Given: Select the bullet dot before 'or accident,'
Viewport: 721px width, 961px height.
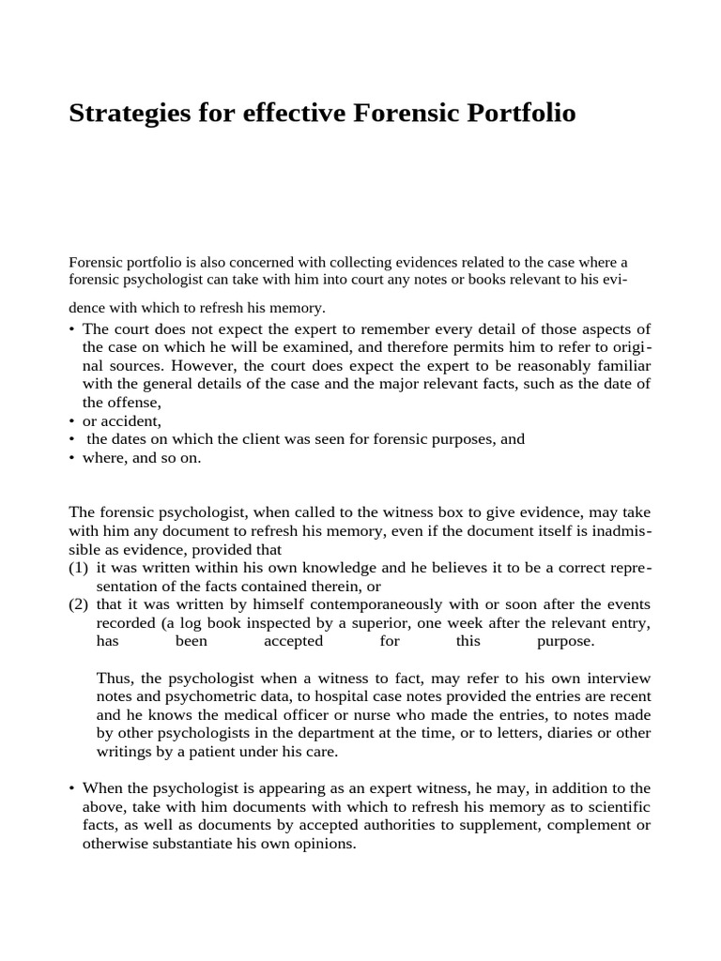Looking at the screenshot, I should click(x=72, y=420).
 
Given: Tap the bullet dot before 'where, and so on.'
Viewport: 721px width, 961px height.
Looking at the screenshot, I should click(x=72, y=457).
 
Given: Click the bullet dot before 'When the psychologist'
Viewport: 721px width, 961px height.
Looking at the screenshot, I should click(x=72, y=788).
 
